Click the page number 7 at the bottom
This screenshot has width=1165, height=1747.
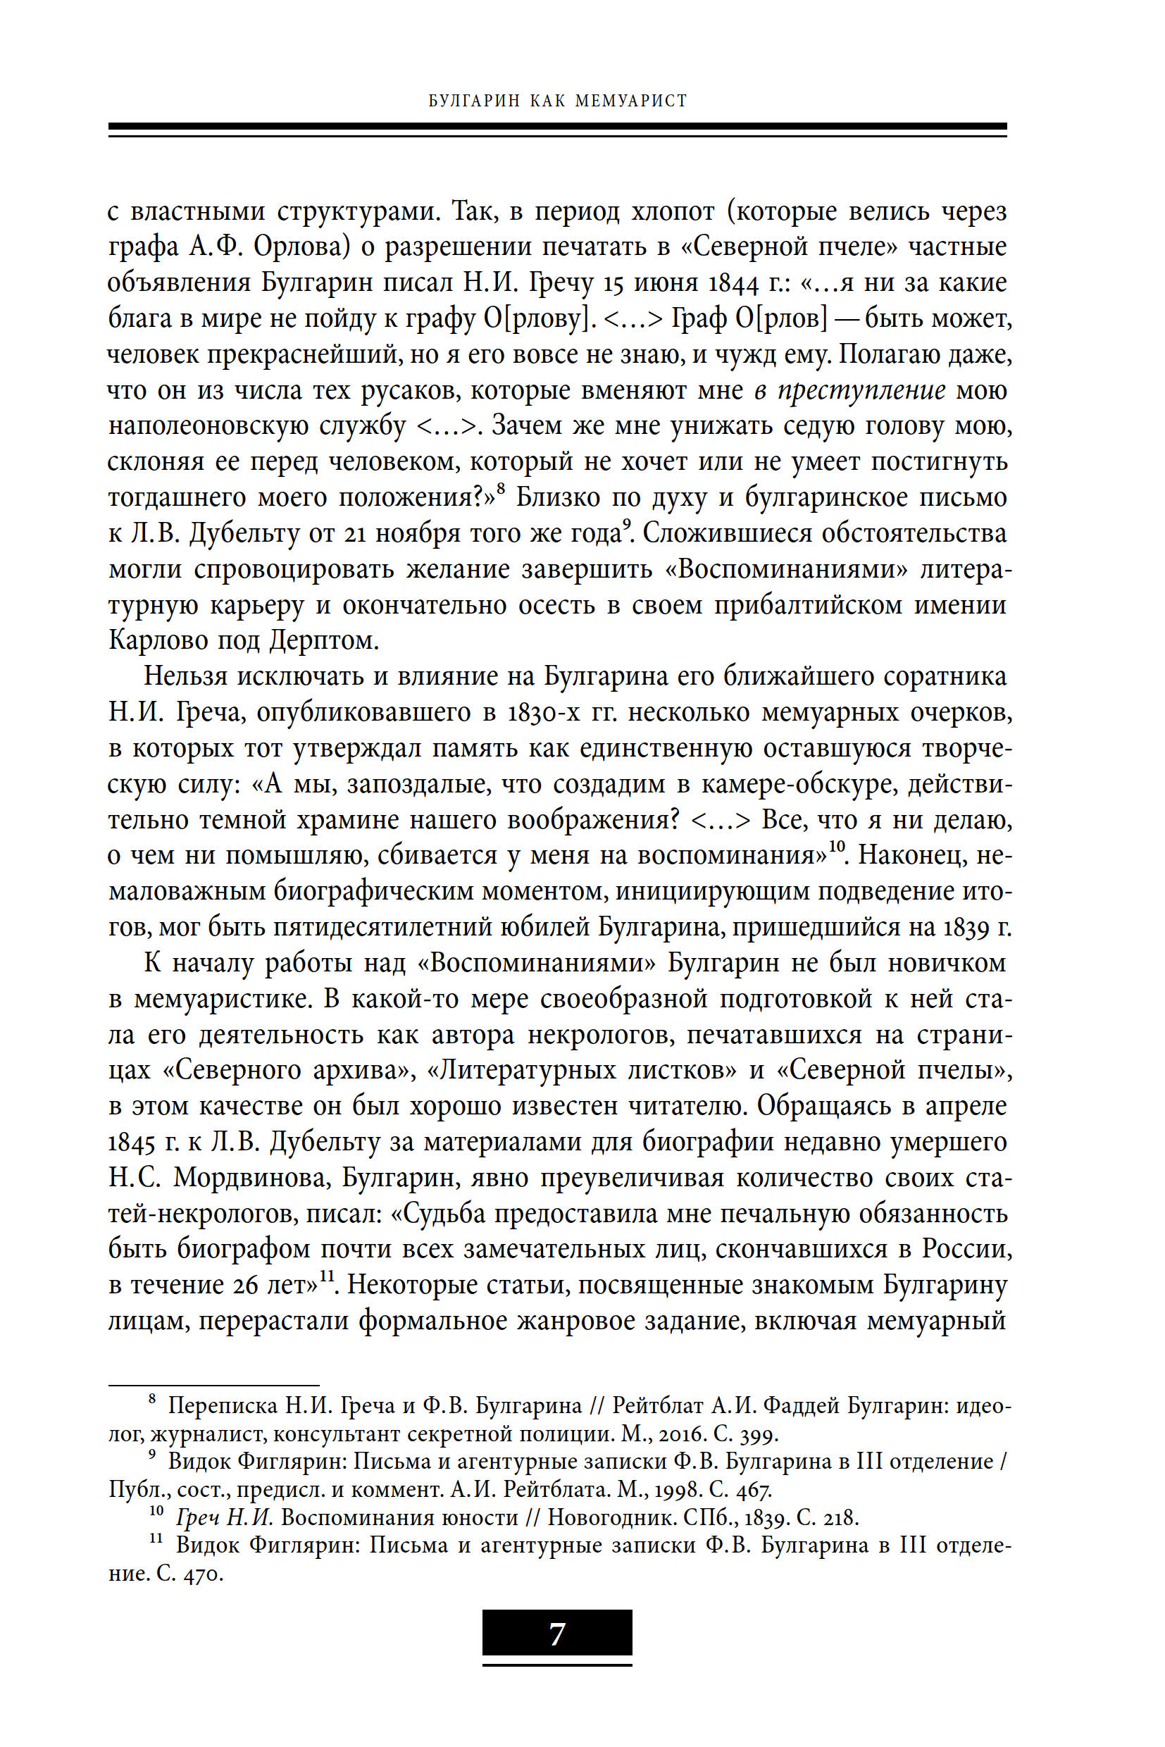[556, 1634]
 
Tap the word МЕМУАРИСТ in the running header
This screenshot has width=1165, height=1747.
[631, 101]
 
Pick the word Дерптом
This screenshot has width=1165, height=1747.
[323, 640]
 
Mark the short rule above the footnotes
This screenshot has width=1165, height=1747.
[213, 1385]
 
